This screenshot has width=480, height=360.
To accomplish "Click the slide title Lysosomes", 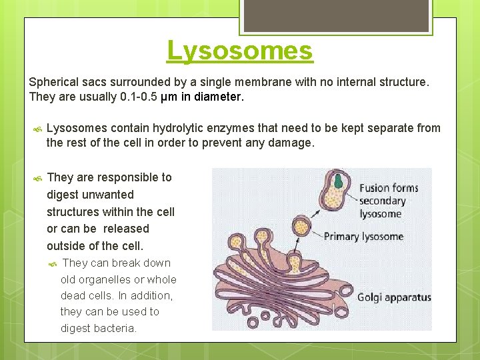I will tap(239, 51).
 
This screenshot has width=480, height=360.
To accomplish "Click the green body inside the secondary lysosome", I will tap(339, 181).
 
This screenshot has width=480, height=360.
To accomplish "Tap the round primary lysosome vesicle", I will tap(303, 227).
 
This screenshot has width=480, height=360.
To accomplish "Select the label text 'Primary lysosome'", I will tap(363, 237).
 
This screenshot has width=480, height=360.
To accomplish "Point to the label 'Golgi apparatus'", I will tap(394, 297).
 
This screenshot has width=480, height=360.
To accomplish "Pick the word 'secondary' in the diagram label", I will tap(382, 201).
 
